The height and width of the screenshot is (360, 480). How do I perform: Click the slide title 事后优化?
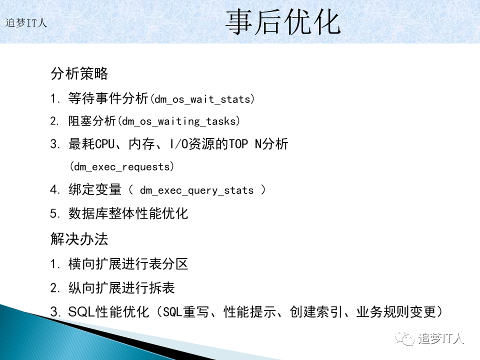pyautogui.click(x=283, y=22)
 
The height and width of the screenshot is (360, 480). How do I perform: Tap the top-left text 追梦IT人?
pyautogui.click(x=26, y=23)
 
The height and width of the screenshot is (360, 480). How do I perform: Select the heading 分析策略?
pyautogui.click(x=79, y=73)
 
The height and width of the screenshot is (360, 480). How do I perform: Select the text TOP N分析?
pyautogui.click(x=258, y=144)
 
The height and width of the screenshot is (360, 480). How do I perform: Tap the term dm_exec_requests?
pyautogui.click(x=122, y=167)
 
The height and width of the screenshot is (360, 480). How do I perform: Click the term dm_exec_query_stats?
pyautogui.click(x=197, y=190)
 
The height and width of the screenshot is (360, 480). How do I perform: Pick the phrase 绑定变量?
pyautogui.click(x=95, y=190)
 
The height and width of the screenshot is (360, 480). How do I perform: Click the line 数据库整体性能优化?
pyautogui.click(x=128, y=213)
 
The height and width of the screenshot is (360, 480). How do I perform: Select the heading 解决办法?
pyautogui.click(x=79, y=239)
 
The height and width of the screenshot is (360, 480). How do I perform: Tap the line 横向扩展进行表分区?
pyautogui.click(x=128, y=264)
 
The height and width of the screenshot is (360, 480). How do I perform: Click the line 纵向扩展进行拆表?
pyautogui.click(x=121, y=288)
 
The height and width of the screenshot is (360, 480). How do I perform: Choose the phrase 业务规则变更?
pyautogui.click(x=396, y=312)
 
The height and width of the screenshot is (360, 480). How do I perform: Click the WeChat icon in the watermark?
pyautogui.click(x=405, y=338)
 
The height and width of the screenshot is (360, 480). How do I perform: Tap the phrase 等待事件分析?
pyautogui.click(x=108, y=98)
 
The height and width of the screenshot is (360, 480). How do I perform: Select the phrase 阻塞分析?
pyautogui.click(x=92, y=121)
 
